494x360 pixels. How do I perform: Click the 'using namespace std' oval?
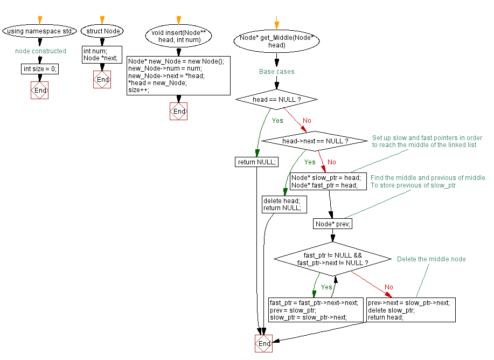click(x=40, y=31)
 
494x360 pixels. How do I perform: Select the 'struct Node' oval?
click(x=102, y=31)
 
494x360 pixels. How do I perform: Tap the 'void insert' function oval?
click(x=178, y=36)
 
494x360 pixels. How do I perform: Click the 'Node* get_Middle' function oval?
click(x=276, y=41)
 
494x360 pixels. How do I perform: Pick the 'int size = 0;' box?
click(x=40, y=69)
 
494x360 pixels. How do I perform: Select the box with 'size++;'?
click(x=178, y=75)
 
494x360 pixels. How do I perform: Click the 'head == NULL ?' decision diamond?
click(x=276, y=100)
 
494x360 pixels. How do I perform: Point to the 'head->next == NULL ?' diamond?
click(x=315, y=141)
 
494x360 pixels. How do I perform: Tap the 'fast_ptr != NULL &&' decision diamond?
click(x=332, y=259)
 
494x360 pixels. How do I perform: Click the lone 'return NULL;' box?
click(x=256, y=162)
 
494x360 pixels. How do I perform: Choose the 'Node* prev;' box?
click(x=332, y=224)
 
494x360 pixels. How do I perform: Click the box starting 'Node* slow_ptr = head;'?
click(x=329, y=181)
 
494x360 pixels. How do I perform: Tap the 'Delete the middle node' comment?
click(x=431, y=259)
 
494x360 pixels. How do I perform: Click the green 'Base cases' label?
click(x=276, y=72)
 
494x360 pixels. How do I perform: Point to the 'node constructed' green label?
click(x=40, y=51)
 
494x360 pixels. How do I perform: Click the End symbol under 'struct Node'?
click(x=102, y=80)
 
